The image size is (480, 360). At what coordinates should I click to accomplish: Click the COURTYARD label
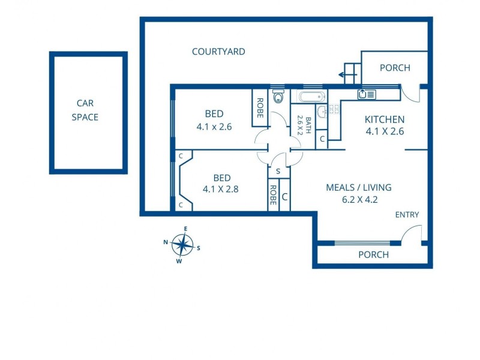point(218,52)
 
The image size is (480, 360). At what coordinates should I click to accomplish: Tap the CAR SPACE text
point(85,110)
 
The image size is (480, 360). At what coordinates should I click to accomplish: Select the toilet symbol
point(278,96)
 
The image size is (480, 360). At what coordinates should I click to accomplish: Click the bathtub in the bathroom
point(312,97)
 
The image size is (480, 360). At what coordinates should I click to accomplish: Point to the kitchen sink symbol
point(367,94)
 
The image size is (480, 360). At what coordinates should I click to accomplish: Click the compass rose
point(182,245)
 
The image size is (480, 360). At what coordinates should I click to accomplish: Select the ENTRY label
point(407,215)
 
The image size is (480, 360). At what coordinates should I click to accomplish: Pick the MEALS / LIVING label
point(359,187)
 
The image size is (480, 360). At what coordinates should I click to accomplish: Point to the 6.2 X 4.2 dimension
point(359,200)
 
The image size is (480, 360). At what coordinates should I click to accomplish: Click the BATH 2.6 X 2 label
point(304,125)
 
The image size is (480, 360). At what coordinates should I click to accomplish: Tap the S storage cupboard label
point(278,172)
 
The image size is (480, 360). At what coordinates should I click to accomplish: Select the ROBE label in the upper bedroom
point(260,108)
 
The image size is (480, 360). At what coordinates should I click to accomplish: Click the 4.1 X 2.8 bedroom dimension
point(220,189)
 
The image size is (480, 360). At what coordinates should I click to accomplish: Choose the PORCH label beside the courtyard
point(395,68)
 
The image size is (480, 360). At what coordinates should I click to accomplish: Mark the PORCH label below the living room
point(373,254)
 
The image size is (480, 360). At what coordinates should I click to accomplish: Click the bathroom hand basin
point(322,112)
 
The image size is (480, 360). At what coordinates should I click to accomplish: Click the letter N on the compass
point(166,242)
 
